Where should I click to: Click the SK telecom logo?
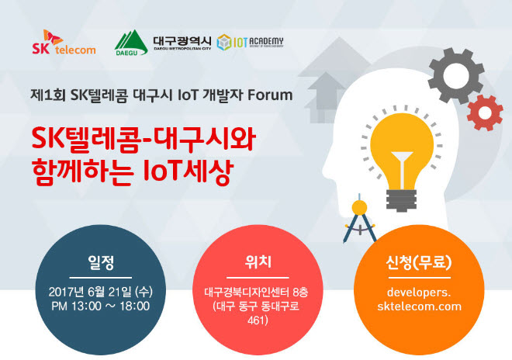pyautogui.click(x=64, y=42)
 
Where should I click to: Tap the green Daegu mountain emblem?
pyautogui.click(x=131, y=43)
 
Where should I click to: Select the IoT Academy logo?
pyautogui.click(x=250, y=43)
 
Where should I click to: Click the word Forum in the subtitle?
pyautogui.click(x=270, y=95)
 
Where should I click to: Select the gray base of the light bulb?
pyautogui.click(x=401, y=200)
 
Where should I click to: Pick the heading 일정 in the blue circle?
pyautogui.click(x=101, y=262)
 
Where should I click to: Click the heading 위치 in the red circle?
pyautogui.click(x=258, y=261)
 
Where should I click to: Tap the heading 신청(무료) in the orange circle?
pyautogui.click(x=419, y=262)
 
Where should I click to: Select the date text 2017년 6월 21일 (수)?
pyautogui.click(x=101, y=292)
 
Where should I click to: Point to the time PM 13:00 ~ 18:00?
pyautogui.click(x=101, y=306)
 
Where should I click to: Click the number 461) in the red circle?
pyautogui.click(x=258, y=320)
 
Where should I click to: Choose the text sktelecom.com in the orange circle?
pyautogui.click(x=419, y=306)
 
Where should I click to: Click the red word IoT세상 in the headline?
pyautogui.click(x=189, y=171)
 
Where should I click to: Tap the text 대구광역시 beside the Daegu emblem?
pyautogui.click(x=182, y=41)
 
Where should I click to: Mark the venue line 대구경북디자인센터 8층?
pyautogui.click(x=256, y=292)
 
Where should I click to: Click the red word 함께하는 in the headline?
pyautogui.click(x=83, y=171)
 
